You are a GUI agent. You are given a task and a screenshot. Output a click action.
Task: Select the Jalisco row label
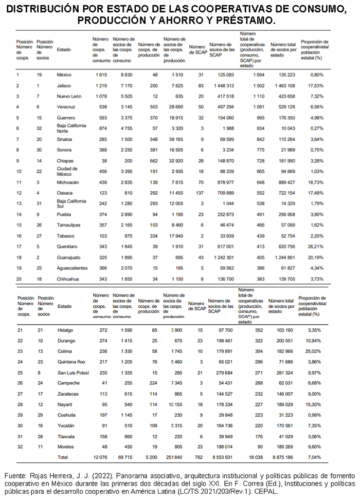point(64,86)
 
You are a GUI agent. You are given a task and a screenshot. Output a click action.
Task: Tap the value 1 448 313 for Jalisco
point(222,86)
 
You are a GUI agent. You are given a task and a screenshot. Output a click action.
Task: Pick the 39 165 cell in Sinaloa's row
point(173,139)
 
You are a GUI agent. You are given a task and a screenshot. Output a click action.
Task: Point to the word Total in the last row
point(63,456)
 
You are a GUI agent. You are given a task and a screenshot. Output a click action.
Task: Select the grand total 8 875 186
point(281,456)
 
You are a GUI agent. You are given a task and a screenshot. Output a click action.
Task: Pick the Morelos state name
point(66,447)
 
